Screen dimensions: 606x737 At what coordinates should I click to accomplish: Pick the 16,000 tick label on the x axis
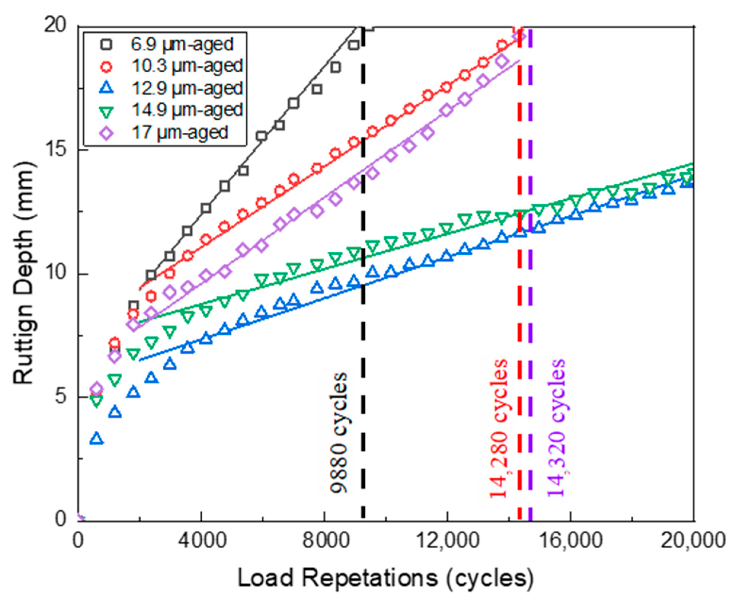[571, 540]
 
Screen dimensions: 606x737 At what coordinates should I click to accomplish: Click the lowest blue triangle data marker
[97, 438]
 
